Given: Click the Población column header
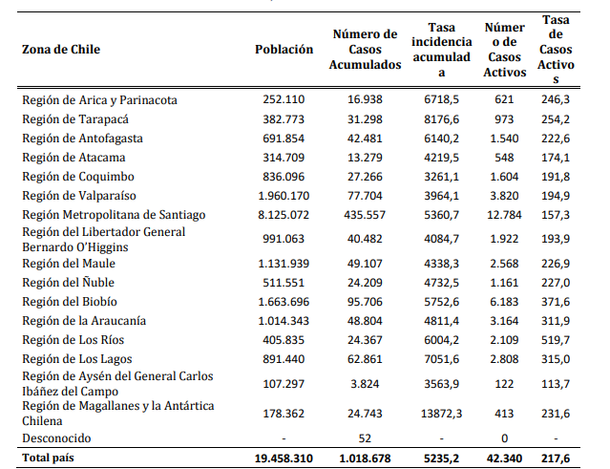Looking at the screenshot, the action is (284, 50).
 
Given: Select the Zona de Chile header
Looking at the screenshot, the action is (61, 50).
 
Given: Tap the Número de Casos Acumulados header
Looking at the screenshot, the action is (365, 50).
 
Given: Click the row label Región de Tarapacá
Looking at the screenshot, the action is (75, 119).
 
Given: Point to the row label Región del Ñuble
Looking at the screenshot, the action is (68, 282).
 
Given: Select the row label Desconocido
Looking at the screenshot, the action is (56, 438).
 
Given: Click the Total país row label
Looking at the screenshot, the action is (48, 458).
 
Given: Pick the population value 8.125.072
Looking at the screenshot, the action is (284, 215).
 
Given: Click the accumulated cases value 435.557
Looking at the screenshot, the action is (365, 215).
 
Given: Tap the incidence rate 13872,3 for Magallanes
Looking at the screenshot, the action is (442, 414).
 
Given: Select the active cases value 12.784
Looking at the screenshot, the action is (504, 215).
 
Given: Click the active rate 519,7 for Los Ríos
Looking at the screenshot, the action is (556, 340).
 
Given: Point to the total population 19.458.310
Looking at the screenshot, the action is (284, 458).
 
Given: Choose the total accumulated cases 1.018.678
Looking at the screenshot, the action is (365, 458).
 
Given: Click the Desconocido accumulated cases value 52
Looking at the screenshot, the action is (365, 438).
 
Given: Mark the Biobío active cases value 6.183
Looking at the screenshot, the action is (504, 302).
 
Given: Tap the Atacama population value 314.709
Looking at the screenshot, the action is (284, 158).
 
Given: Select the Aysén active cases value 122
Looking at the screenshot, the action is (504, 384).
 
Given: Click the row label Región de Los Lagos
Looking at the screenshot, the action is (77, 359).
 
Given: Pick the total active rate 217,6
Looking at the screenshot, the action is (556, 458).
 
